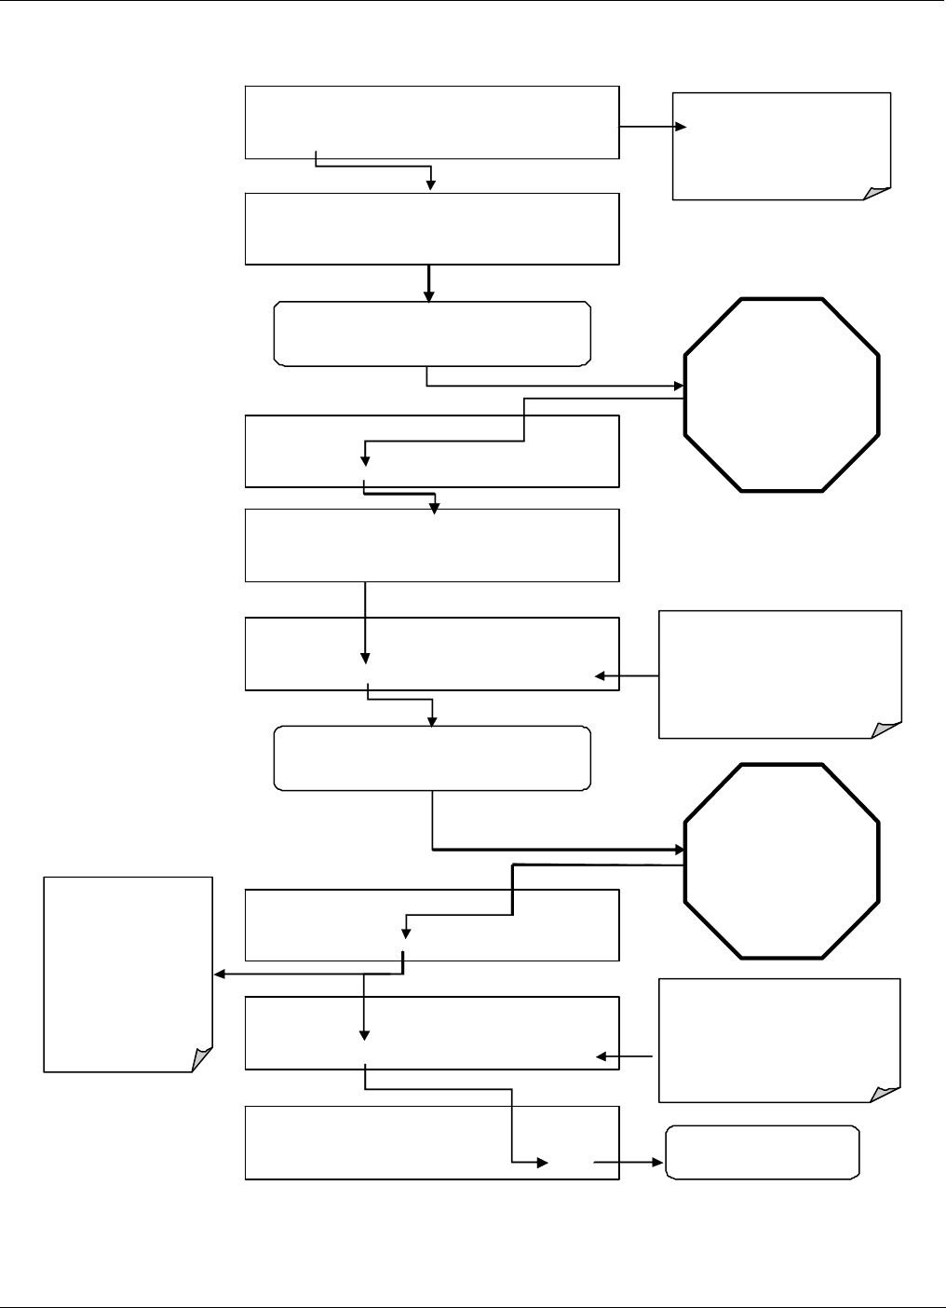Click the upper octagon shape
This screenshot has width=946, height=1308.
(782, 395)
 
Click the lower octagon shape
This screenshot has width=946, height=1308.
(782, 861)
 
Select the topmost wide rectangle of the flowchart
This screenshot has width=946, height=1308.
(432, 122)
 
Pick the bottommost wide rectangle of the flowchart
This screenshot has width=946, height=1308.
(432, 1143)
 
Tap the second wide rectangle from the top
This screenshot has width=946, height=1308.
(432, 229)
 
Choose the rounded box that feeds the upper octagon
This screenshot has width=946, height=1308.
(432, 333)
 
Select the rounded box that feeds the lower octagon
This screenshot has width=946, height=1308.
(432, 758)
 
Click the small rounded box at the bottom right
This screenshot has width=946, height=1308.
(763, 1152)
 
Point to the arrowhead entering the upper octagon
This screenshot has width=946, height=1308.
(679, 386)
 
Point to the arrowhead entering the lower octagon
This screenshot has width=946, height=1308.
(679, 850)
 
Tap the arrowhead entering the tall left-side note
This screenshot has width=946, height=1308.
(220, 974)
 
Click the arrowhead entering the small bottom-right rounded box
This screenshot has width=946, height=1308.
(660, 1163)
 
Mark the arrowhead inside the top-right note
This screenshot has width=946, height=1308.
(682, 128)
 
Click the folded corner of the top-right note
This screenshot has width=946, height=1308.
(878, 193)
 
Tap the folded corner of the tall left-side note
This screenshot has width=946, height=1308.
(201, 1060)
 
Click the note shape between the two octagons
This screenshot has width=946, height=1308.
(780, 674)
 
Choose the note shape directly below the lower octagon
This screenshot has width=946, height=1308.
(779, 1040)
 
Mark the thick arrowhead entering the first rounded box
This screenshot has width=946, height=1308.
(429, 296)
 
